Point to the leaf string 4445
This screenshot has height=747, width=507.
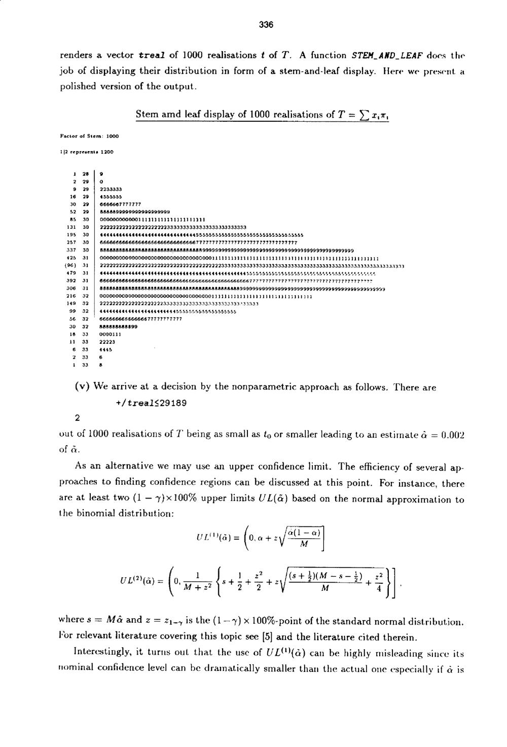[x=106, y=349]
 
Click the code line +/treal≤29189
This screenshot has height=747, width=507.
[x=151, y=403]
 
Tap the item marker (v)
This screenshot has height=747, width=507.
[x=83, y=387]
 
